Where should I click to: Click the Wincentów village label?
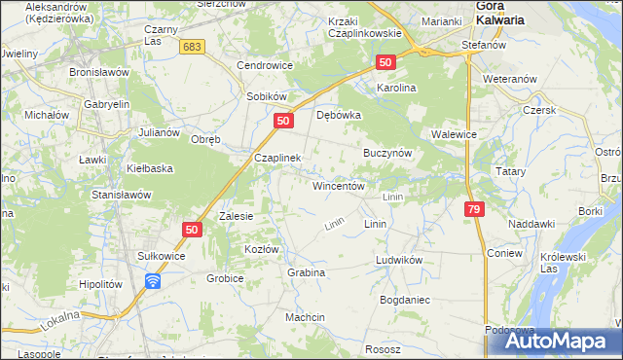(338, 186)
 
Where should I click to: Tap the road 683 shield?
(193, 47)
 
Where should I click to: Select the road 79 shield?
(474, 209)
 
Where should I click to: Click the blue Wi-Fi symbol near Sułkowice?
(153, 281)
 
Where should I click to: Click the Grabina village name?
(306, 272)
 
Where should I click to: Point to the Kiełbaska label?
(150, 168)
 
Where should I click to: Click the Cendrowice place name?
(266, 66)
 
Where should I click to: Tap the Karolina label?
(397, 88)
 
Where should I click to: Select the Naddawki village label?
(531, 224)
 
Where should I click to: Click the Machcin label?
(305, 318)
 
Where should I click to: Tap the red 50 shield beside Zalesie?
(191, 230)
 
